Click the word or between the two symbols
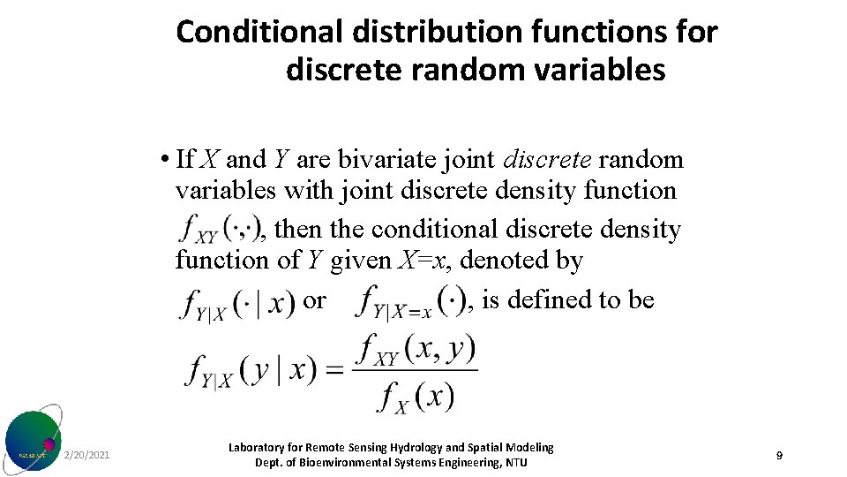pyautogui.click(x=314, y=300)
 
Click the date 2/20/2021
pyautogui.click(x=87, y=455)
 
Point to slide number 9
pyautogui.click(x=779, y=455)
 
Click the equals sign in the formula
pyautogui.click(x=335, y=369)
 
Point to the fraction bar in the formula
pyautogui.click(x=415, y=370)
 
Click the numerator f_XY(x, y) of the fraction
pyautogui.click(x=415, y=349)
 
